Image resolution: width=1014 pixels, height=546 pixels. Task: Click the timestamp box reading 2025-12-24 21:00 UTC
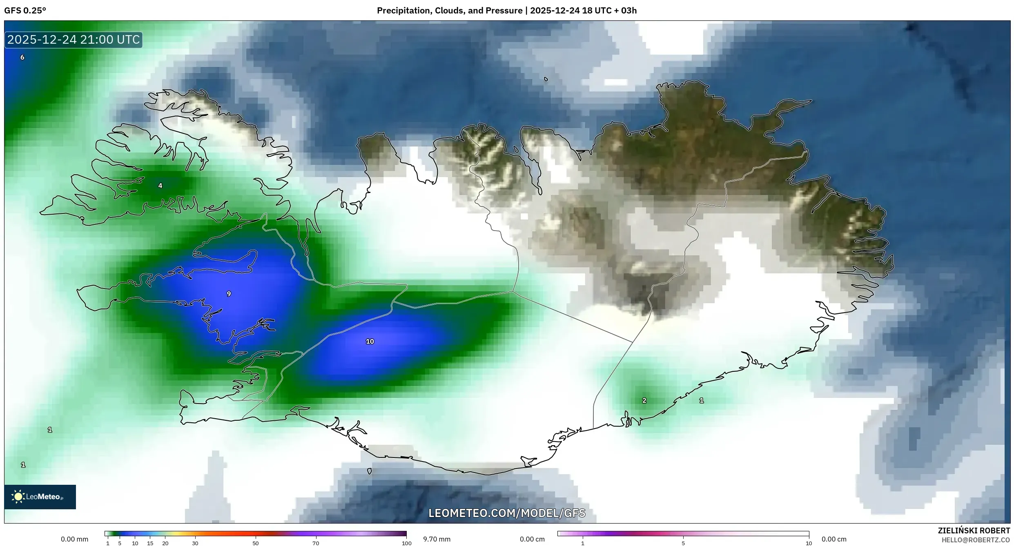pyautogui.click(x=74, y=40)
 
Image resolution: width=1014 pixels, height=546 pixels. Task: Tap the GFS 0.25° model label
pyautogui.click(x=25, y=11)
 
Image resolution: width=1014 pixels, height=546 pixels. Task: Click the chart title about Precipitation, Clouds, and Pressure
pyautogui.click(x=506, y=11)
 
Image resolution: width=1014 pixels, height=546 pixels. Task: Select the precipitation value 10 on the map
pyautogui.click(x=370, y=342)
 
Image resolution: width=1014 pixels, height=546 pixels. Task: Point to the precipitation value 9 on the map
pyautogui.click(x=229, y=294)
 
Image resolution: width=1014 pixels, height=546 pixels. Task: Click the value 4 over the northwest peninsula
pyautogui.click(x=160, y=186)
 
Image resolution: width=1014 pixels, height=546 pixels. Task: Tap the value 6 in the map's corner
pyautogui.click(x=22, y=58)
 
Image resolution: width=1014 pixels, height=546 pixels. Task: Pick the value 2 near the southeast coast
pyautogui.click(x=644, y=401)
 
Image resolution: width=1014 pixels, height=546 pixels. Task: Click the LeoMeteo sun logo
pyautogui.click(x=18, y=496)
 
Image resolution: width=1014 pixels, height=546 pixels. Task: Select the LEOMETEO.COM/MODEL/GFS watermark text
pyautogui.click(x=506, y=513)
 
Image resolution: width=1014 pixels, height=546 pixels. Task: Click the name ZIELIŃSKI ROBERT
pyautogui.click(x=974, y=530)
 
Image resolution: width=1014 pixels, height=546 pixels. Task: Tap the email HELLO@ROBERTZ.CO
pyautogui.click(x=975, y=540)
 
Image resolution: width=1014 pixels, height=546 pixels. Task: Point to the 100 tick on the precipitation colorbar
pyautogui.click(x=406, y=543)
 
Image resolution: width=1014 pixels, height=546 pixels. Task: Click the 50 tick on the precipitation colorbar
pyautogui.click(x=256, y=543)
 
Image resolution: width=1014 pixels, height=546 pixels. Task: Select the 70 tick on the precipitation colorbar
pyautogui.click(x=316, y=543)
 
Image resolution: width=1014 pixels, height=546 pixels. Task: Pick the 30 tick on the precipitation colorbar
pyautogui.click(x=195, y=543)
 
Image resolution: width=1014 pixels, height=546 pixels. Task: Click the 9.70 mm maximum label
pyautogui.click(x=437, y=539)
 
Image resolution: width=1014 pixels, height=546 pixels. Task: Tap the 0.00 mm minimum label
pyautogui.click(x=74, y=539)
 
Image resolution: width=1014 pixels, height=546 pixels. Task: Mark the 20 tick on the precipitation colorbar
pyautogui.click(x=165, y=543)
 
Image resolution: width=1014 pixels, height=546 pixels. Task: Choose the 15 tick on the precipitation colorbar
pyautogui.click(x=150, y=543)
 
